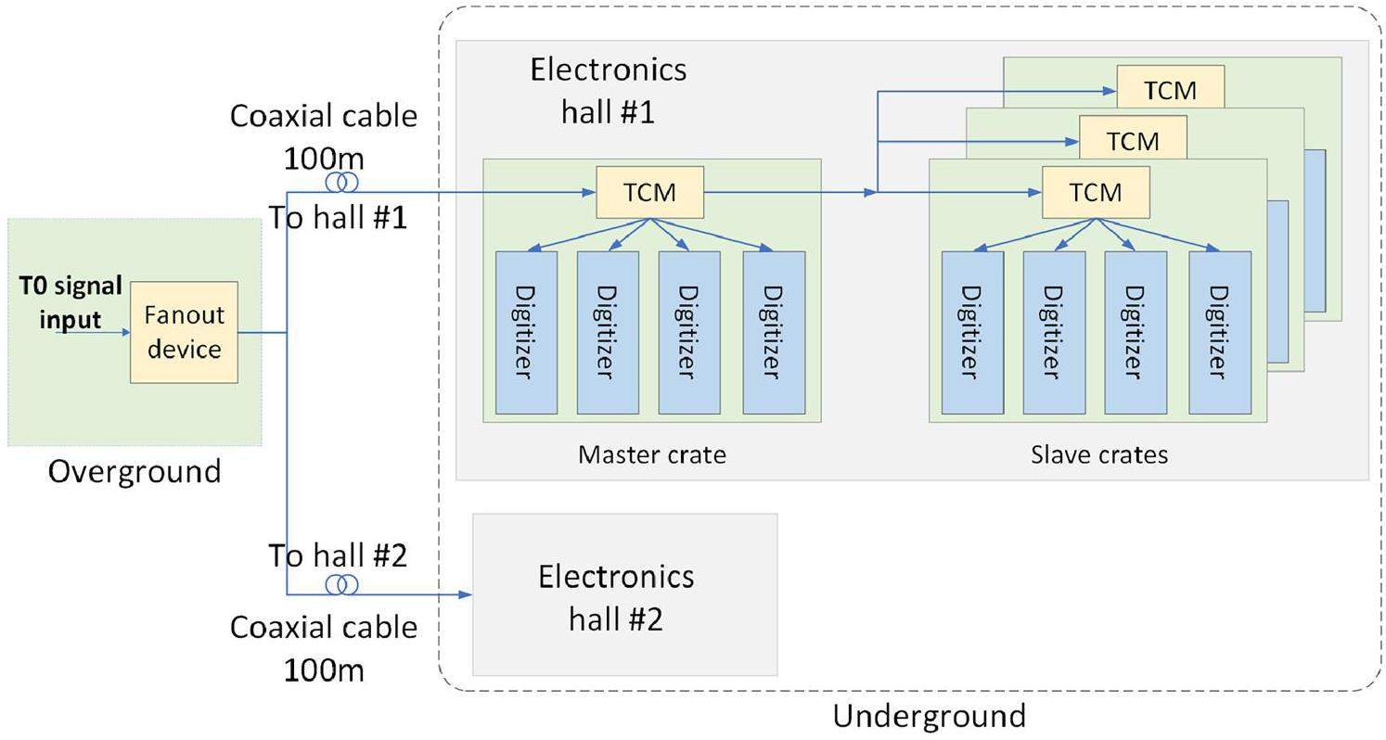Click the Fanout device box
point(184,332)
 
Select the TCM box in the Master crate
point(649,192)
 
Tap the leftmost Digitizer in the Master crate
point(526,332)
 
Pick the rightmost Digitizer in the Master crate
point(774,332)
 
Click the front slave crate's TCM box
point(1096,192)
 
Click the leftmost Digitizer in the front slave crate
point(971,332)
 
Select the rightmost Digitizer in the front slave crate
point(1219,332)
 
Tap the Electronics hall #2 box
point(624,595)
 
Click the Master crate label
point(651,454)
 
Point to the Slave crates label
point(1098,454)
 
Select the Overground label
point(135,472)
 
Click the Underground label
point(929,716)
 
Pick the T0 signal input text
point(71,302)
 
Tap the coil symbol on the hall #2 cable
point(341,584)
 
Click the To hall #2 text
point(338,555)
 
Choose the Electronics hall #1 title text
point(609,90)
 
